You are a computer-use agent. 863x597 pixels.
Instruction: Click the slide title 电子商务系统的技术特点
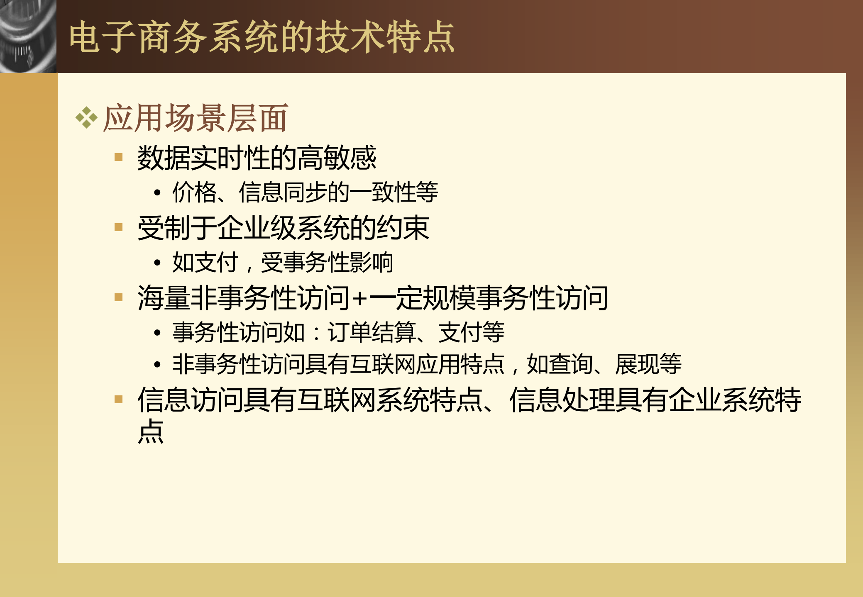[262, 37]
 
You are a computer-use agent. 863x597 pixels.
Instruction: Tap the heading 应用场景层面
[195, 118]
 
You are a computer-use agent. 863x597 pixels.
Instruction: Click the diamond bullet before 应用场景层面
[86, 118]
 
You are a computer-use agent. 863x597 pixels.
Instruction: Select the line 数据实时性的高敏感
[257, 158]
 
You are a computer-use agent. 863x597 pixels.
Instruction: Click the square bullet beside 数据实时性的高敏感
[119, 157]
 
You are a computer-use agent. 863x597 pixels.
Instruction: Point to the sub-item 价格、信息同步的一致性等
[305, 192]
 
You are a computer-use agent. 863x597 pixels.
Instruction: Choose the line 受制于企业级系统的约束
[283, 228]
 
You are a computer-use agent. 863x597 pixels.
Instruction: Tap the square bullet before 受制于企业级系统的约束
[119, 227]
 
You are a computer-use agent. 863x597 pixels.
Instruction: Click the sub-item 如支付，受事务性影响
[282, 262]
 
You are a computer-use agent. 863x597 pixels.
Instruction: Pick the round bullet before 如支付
[157, 263]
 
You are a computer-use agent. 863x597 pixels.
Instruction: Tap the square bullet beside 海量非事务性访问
[119, 297]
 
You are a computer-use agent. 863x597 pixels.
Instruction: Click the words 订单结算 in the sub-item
[372, 332]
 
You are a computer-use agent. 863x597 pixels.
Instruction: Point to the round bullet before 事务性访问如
[157, 333]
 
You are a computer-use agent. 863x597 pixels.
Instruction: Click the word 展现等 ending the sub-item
[648, 364]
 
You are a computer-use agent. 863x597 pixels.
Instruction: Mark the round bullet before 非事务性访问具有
[157, 365]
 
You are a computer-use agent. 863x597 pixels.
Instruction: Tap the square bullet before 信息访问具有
[119, 400]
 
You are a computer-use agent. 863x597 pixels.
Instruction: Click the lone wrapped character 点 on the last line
[151, 431]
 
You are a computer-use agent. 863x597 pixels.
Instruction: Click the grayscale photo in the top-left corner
[28, 37]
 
